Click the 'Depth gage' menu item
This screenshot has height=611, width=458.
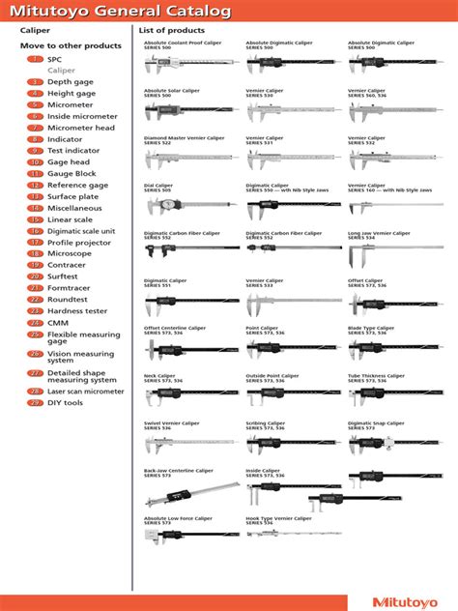pyautogui.click(x=72, y=82)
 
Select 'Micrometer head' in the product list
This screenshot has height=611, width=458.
pyautogui.click(x=81, y=128)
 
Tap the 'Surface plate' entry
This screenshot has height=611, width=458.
pyautogui.click(x=72, y=196)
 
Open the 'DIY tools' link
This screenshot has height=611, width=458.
pyautogui.click(x=68, y=402)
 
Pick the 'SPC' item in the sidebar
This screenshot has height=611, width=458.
pyautogui.click(x=55, y=59)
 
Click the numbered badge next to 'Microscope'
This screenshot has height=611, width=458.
pyautogui.click(x=34, y=253)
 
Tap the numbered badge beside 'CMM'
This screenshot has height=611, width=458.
pyautogui.click(x=34, y=323)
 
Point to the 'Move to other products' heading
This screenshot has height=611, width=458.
pyautogui.click(x=71, y=45)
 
